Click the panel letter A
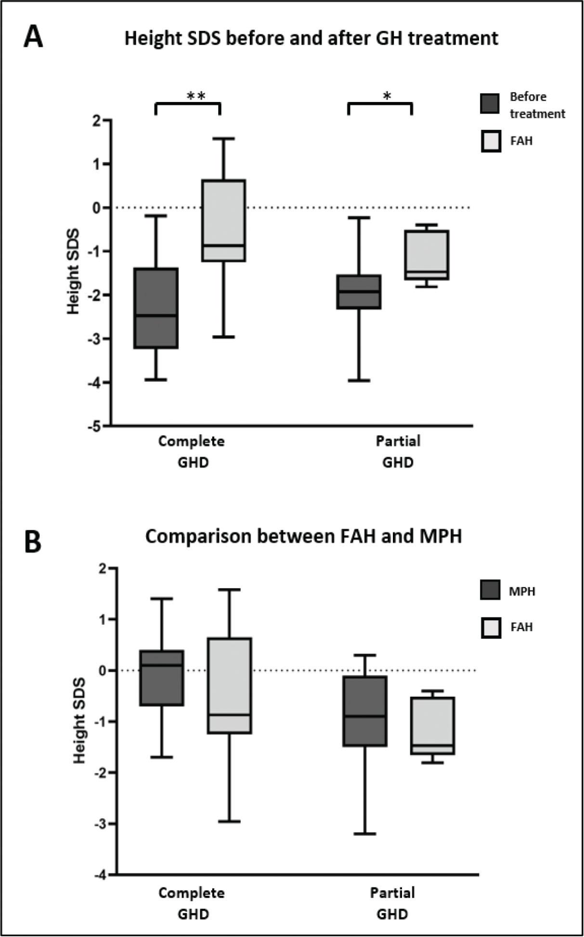[x=33, y=37]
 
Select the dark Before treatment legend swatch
[x=490, y=104]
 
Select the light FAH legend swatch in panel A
[x=491, y=141]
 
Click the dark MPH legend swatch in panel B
[x=490, y=590]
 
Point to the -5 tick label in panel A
[x=98, y=426]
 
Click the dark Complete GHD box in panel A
[x=156, y=308]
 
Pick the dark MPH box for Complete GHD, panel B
[x=162, y=678]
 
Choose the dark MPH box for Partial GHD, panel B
[x=365, y=711]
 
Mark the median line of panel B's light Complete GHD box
[x=229, y=715]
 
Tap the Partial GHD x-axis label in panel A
[x=398, y=451]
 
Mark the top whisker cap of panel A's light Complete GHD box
[x=224, y=139]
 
